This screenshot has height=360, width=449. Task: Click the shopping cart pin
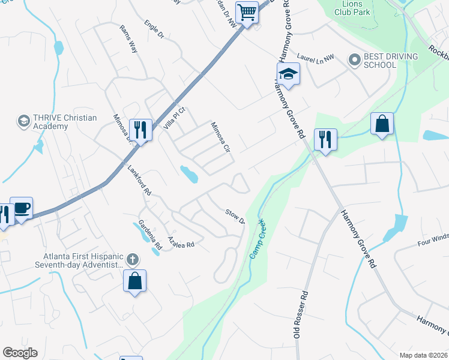[247, 13]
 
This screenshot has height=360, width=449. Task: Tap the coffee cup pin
[22, 209]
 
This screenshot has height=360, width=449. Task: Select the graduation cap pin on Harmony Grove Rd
[288, 74]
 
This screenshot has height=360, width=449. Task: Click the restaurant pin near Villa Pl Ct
[140, 130]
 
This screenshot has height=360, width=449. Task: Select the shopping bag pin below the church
[135, 281]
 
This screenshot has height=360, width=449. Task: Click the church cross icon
[132, 260]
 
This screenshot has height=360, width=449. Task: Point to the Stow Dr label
[235, 217]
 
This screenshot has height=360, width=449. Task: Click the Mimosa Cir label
[220, 137]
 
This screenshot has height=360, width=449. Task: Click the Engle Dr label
[154, 31]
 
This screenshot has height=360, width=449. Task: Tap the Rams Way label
[129, 39]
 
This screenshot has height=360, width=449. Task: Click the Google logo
[20, 353]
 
